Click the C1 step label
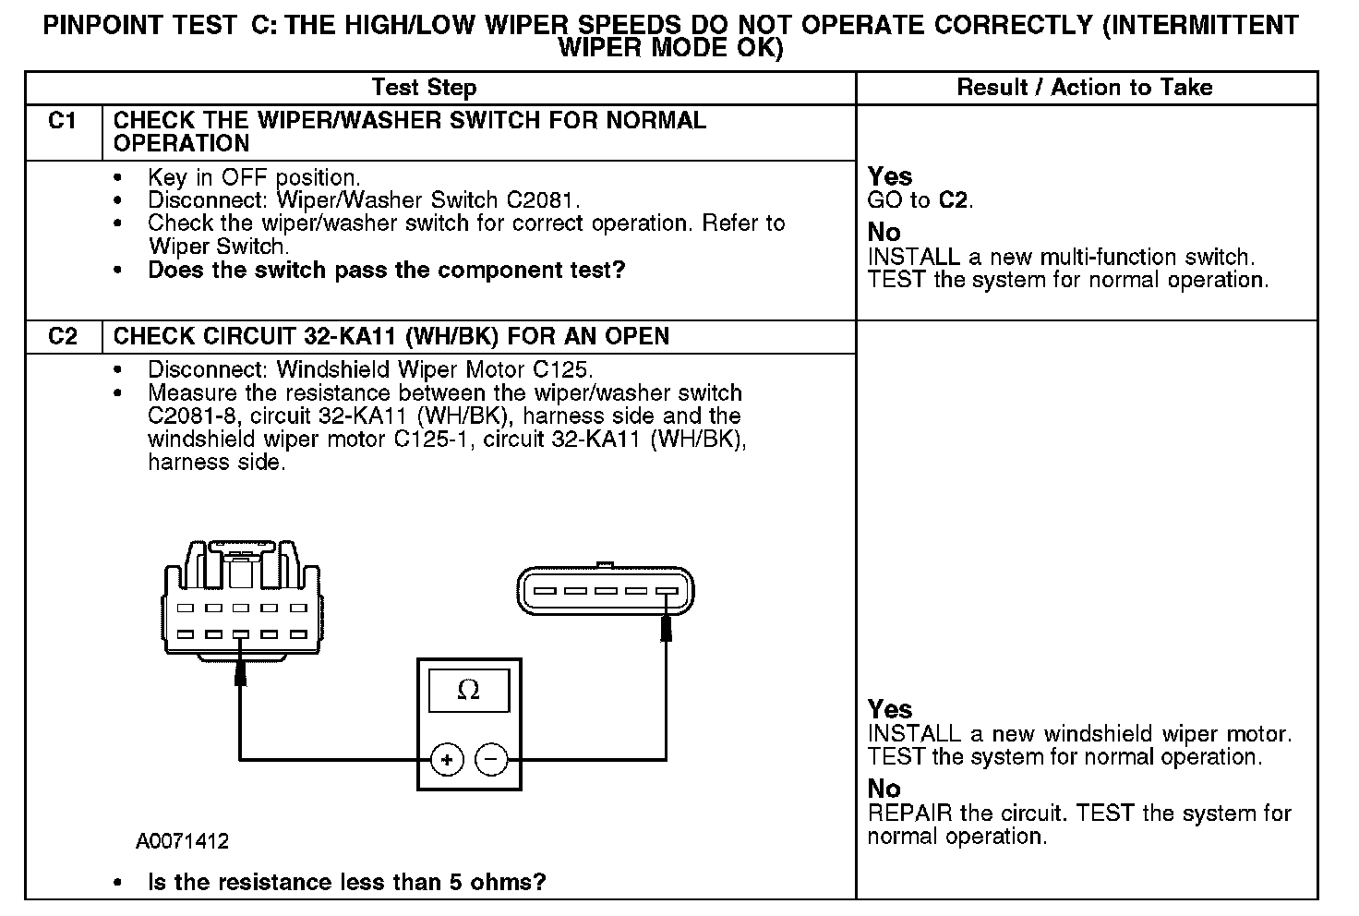(62, 121)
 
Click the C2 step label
(63, 336)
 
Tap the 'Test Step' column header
(424, 88)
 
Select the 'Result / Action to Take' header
(1085, 88)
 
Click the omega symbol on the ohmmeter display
(469, 690)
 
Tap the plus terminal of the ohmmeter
(447, 760)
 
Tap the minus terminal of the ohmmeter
(491, 760)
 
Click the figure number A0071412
(182, 841)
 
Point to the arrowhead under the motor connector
(666, 627)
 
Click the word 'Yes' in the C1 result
(890, 176)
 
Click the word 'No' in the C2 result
(884, 789)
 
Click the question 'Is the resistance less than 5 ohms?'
(346, 882)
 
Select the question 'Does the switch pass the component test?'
(386, 271)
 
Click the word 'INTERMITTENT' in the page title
(1200, 25)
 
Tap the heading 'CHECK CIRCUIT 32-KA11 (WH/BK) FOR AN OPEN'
(391, 336)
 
